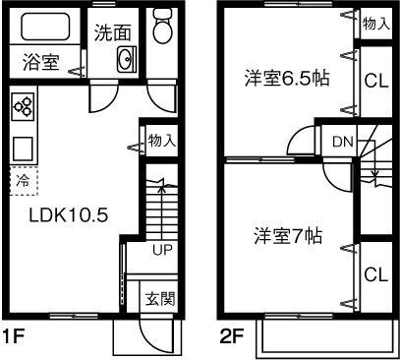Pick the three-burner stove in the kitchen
click(24, 105)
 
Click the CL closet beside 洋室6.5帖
click(373, 82)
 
